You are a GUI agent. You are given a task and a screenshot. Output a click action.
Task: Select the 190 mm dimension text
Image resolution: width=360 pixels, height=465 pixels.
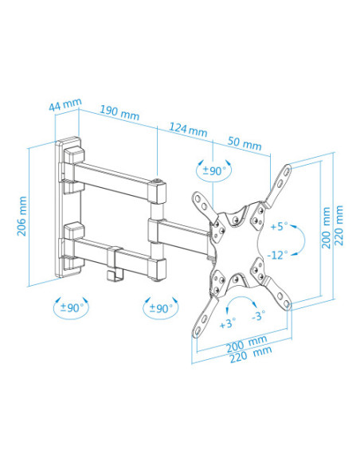pos(119,113)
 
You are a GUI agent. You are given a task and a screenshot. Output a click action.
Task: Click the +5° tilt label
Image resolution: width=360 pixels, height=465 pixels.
pos(279,226)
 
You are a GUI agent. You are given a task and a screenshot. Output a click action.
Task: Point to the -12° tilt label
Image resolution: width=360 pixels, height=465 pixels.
pos(277,255)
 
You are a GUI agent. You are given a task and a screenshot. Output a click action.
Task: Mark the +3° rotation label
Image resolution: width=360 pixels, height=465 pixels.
pos(228,323)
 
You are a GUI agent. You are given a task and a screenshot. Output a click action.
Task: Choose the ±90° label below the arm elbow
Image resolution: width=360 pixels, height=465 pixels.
pos(159,307)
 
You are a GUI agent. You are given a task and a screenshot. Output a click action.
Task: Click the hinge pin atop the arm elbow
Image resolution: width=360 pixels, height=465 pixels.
pos(162,182)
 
